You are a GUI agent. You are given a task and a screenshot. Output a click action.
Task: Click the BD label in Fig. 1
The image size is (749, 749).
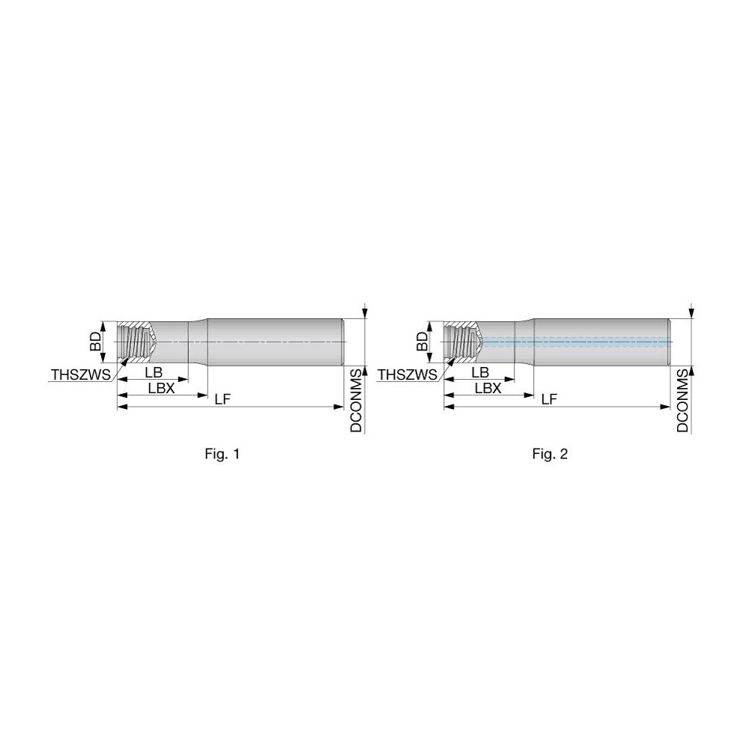click(x=95, y=342)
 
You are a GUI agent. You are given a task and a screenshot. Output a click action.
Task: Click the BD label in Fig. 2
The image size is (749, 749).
click(x=422, y=342)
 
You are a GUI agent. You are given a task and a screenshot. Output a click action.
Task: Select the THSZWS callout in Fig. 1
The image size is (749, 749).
click(x=79, y=374)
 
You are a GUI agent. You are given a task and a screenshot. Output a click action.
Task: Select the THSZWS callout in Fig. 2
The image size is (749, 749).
click(x=407, y=374)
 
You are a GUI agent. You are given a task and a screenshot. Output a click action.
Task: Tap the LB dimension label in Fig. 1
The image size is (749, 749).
click(x=154, y=372)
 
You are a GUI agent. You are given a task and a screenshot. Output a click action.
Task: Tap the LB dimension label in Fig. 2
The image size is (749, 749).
click(x=480, y=372)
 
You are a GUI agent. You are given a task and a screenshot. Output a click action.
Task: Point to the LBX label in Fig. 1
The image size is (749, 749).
click(x=161, y=387)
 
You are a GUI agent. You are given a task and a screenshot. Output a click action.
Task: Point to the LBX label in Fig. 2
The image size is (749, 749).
click(x=488, y=387)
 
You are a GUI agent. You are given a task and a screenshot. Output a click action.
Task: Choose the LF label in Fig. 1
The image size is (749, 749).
click(x=222, y=399)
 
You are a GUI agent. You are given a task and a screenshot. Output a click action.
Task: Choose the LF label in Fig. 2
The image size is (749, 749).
click(x=549, y=399)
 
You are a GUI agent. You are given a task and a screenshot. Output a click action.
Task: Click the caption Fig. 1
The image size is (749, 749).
click(x=222, y=453)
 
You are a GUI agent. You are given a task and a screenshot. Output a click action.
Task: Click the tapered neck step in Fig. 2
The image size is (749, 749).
click(x=524, y=342)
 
